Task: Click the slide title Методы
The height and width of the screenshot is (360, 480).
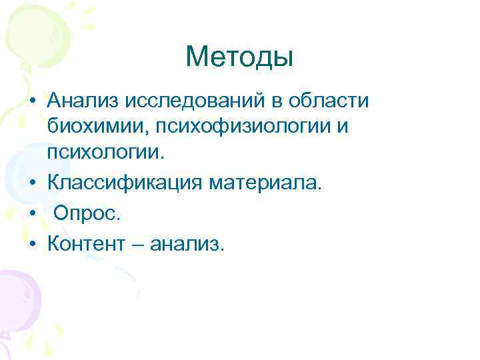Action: [239, 57]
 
